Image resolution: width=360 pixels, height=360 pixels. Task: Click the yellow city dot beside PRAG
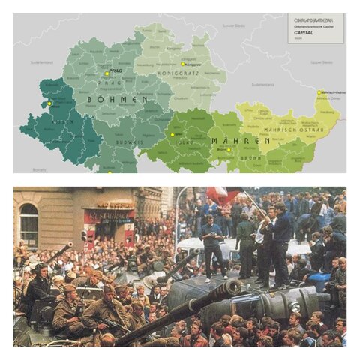tap(105, 73)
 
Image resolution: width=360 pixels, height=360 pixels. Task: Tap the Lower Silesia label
tap(233, 25)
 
